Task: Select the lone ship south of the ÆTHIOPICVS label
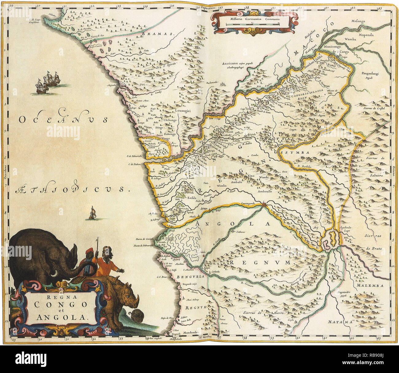[92, 213]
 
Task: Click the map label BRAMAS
[162, 35]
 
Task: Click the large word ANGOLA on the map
[233, 224]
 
